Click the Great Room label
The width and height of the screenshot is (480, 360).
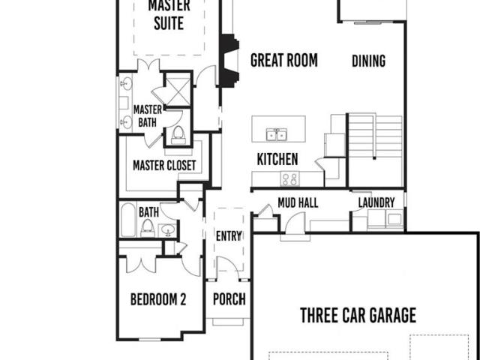pos(284,60)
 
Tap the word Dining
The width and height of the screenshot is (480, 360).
pos(368,61)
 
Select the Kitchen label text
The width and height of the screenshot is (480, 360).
pos(277,159)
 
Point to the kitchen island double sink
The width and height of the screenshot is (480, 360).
pos(277,134)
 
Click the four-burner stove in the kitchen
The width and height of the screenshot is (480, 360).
pos(290,178)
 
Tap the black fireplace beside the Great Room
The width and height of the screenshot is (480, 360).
pos(229,61)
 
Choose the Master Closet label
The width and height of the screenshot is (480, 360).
pos(164,166)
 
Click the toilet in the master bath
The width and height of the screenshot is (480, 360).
pos(178,135)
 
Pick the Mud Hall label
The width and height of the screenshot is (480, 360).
pos(298,202)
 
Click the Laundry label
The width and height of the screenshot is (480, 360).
pos(376,202)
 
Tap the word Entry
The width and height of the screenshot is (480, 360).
pos(229,236)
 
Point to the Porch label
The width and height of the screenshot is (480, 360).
pos(229,299)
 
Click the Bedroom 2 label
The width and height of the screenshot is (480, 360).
pos(158,299)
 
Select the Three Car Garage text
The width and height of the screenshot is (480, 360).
pos(358,315)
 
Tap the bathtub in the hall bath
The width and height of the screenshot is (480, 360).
pos(128,220)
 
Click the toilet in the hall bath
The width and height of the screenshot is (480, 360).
pos(147,228)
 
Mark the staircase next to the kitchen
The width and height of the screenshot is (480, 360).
pos(375,136)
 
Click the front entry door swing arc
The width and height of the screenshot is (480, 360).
pos(231,263)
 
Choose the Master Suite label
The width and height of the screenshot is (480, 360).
pos(169,14)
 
